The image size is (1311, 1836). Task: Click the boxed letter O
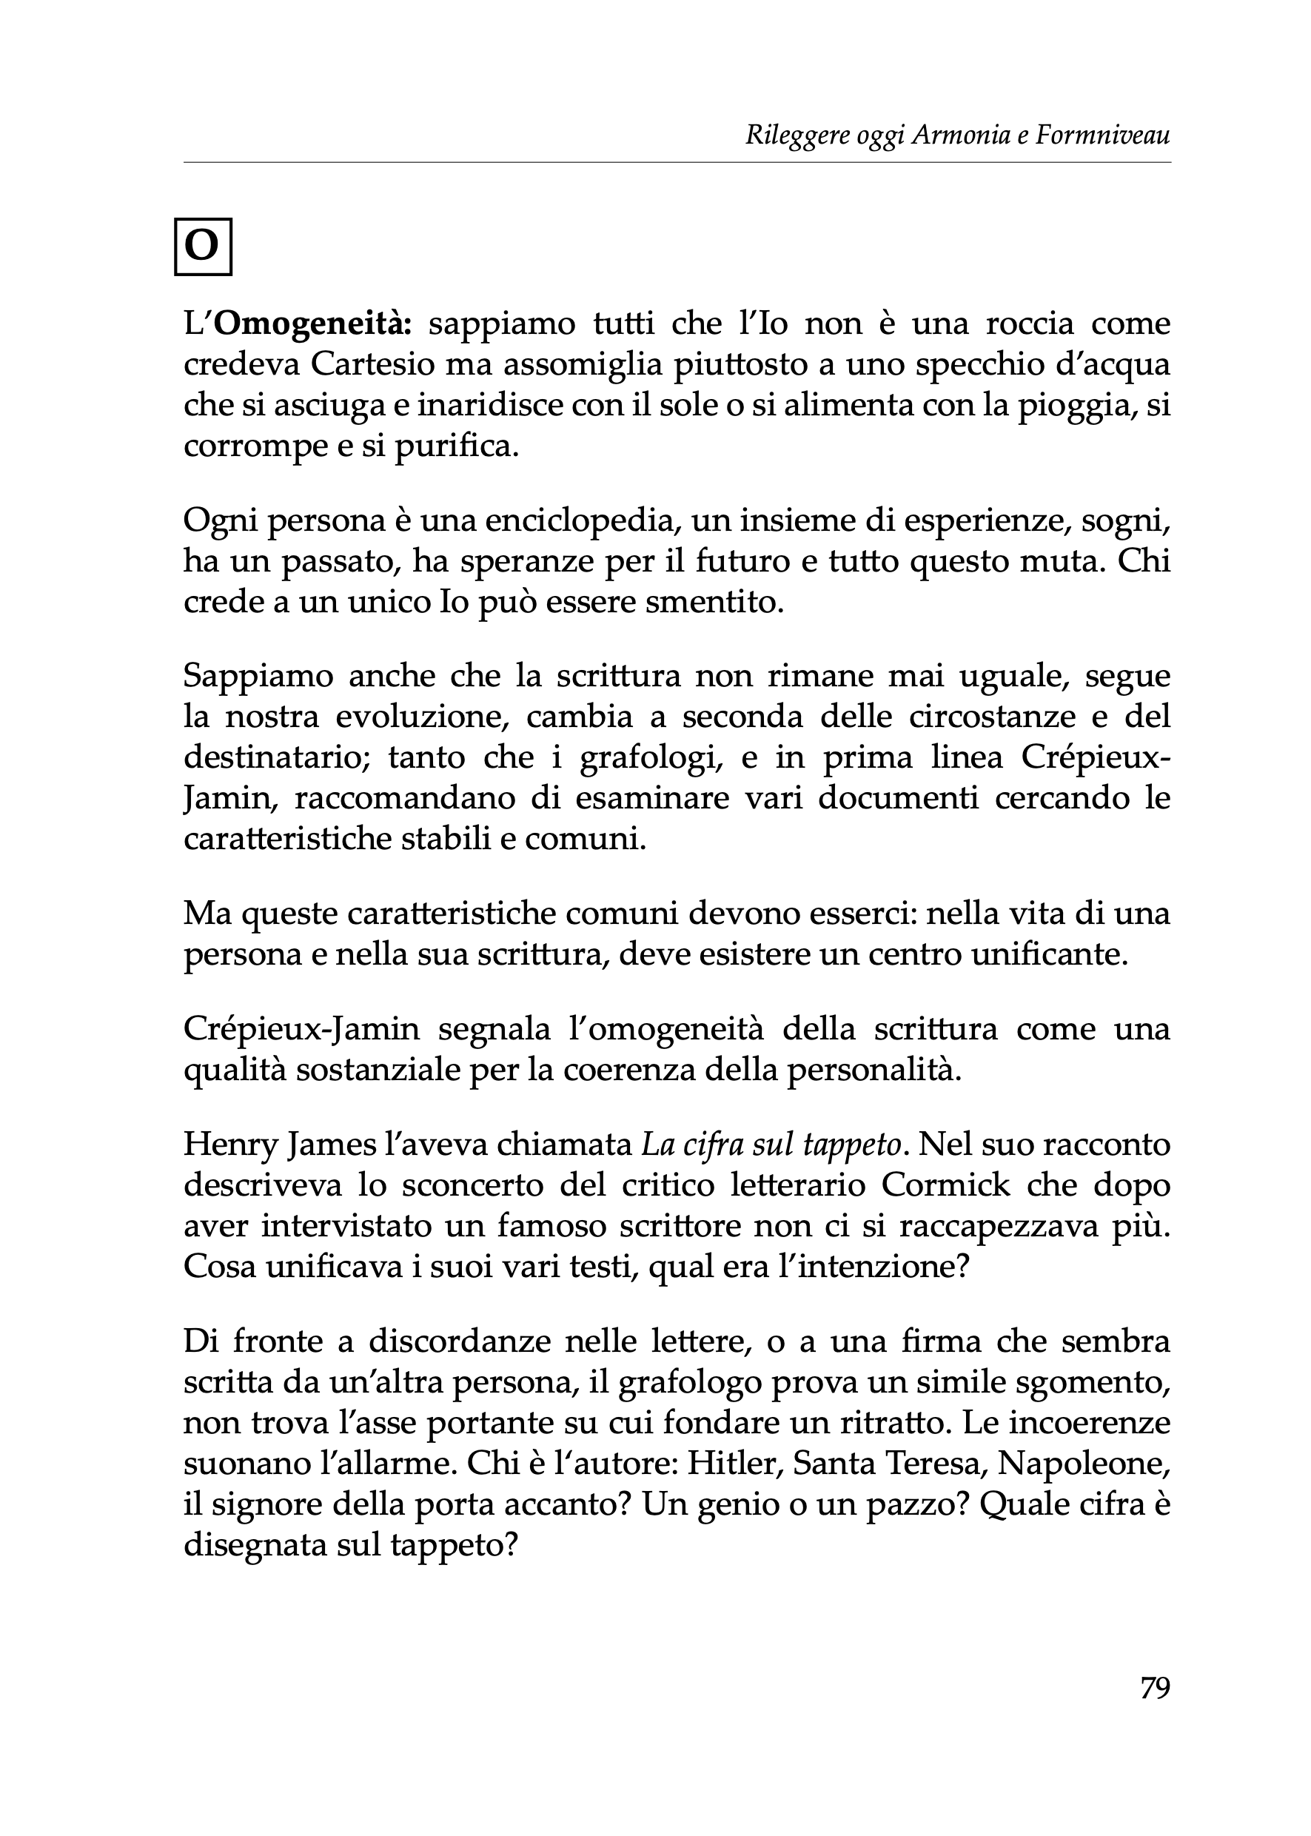pos(203,247)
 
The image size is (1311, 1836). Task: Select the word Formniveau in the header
pos(1103,135)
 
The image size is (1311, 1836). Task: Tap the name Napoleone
pos(1087,1463)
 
